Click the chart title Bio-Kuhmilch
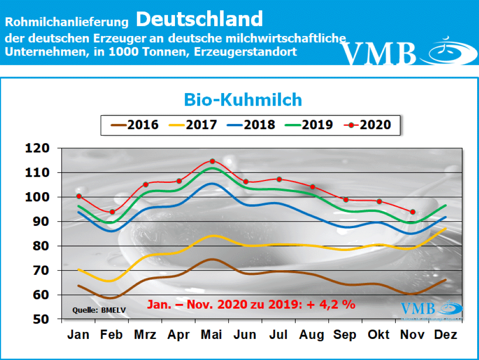(x=243, y=100)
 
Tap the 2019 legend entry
(x=309, y=125)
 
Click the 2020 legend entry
(x=367, y=125)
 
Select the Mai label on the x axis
(x=212, y=335)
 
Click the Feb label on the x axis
(x=112, y=335)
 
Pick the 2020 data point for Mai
(x=212, y=161)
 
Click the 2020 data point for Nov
(x=413, y=212)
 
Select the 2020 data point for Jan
(x=79, y=196)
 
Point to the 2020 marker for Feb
(x=112, y=212)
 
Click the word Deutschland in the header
(x=200, y=19)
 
